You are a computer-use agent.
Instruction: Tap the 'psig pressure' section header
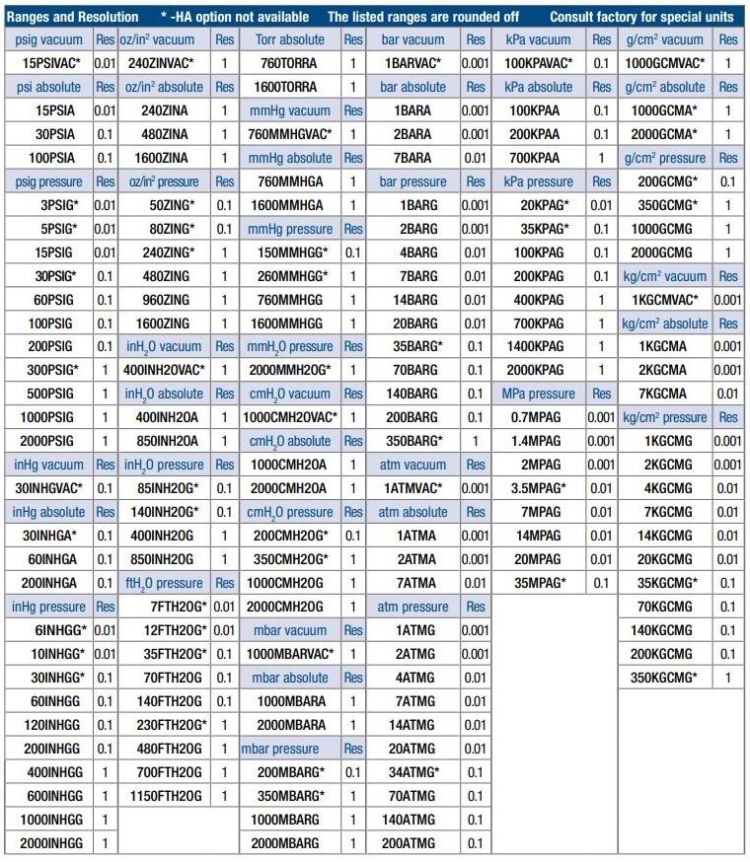pos(48,181)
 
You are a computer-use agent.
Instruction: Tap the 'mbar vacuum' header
pos(289,630)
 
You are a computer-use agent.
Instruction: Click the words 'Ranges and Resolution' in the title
pos(73,17)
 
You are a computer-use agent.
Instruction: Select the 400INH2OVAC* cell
pos(165,370)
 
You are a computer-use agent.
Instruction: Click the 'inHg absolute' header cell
pos(48,512)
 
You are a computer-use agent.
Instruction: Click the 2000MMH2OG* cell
pos(290,370)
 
